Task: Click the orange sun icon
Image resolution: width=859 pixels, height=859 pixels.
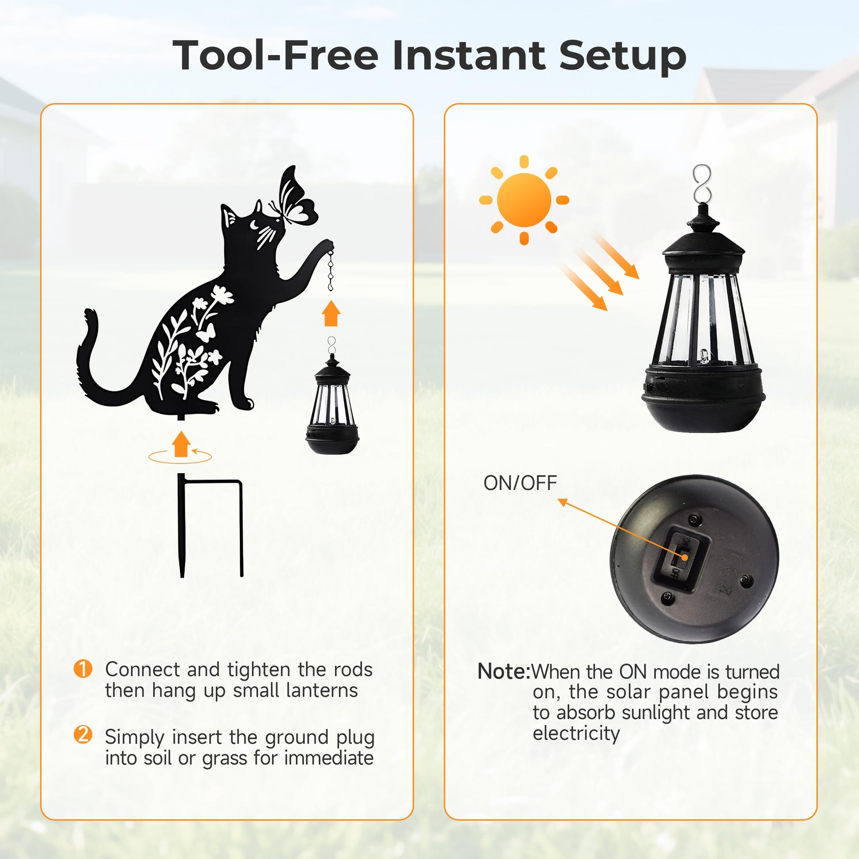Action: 524,200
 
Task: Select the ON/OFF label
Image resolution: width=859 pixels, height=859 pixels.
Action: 520,483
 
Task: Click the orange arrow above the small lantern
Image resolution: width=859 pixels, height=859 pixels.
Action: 331,313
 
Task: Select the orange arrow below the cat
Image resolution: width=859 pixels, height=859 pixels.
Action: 181,444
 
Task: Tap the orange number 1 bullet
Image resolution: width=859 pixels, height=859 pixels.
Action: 83,669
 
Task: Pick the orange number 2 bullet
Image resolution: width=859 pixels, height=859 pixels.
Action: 83,735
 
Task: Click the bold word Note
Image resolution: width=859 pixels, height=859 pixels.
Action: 503,671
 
